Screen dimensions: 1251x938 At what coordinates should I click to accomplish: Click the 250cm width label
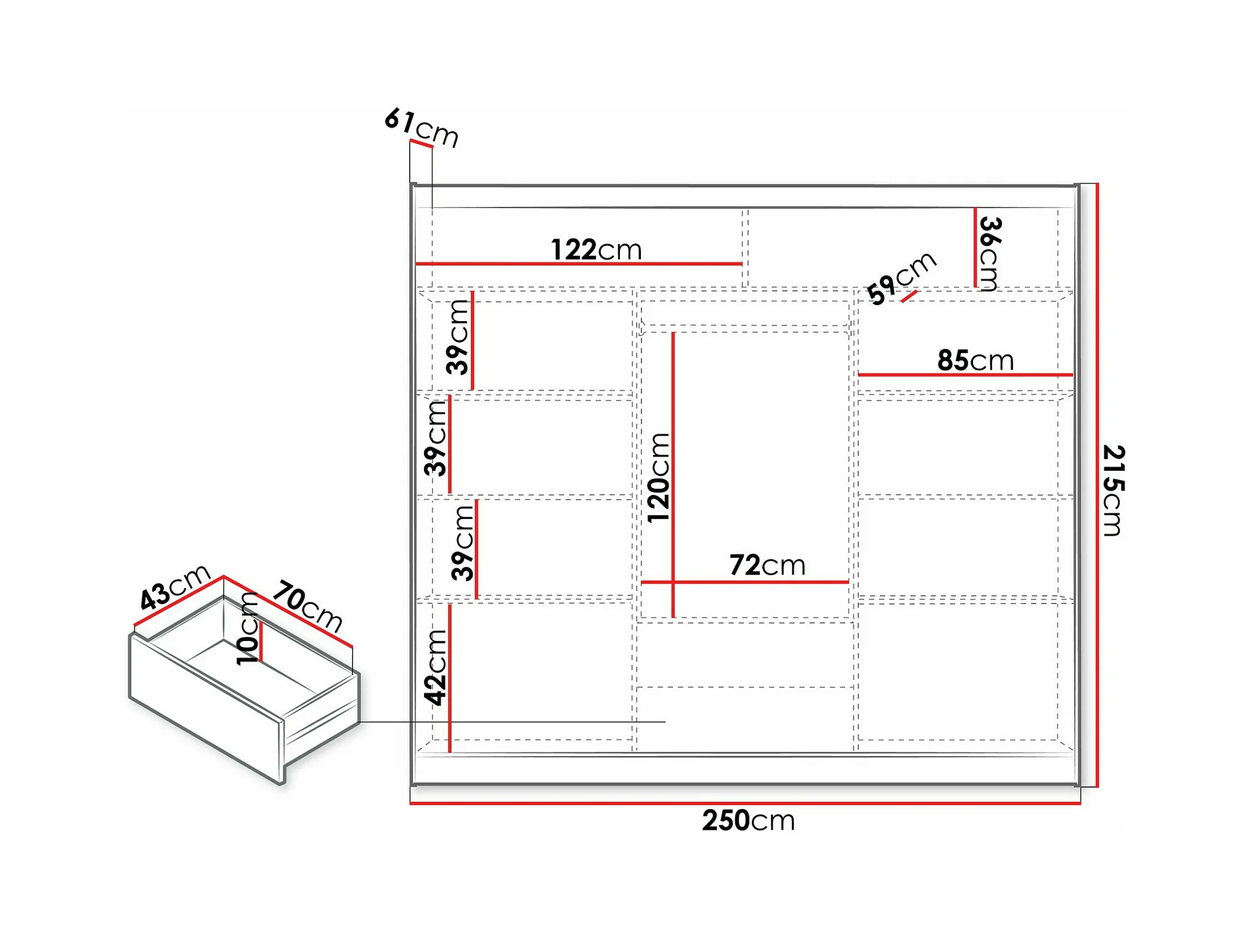point(748,821)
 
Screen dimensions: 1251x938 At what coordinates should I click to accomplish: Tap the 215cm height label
point(1114,490)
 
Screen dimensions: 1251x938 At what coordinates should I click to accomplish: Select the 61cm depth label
point(422,127)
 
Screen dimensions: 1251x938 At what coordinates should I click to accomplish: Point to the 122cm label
point(596,250)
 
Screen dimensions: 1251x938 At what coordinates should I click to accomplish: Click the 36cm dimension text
point(990,253)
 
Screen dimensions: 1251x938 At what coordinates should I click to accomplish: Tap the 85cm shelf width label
point(976,361)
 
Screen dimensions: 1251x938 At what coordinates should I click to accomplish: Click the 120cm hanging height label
point(658,478)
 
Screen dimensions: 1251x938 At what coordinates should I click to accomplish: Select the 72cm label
point(767,565)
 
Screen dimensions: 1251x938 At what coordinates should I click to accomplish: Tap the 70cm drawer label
point(308,606)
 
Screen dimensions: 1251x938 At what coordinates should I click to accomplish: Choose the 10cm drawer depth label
point(248,628)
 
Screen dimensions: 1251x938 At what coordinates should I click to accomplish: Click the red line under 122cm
point(579,264)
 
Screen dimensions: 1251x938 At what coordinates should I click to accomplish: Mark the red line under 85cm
point(965,375)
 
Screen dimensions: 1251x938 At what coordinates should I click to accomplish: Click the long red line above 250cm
point(745,803)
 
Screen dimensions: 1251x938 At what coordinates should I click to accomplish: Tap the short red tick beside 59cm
point(909,296)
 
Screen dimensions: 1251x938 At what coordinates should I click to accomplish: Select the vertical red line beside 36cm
point(975,248)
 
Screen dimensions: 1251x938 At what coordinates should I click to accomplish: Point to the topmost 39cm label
point(458,337)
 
